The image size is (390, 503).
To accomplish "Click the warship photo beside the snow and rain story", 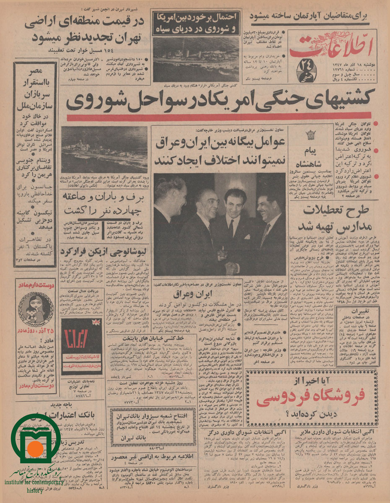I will click(x=104, y=149).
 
